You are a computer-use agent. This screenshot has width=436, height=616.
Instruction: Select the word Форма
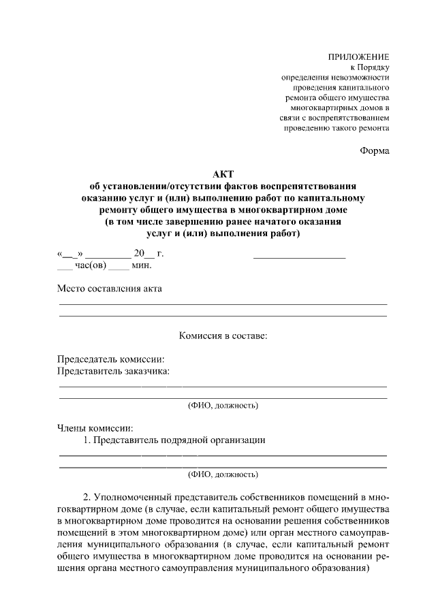[x=375, y=150]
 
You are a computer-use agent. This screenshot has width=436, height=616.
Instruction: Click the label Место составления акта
[x=110, y=289]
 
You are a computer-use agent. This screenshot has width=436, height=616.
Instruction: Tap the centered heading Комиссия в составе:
[x=223, y=336]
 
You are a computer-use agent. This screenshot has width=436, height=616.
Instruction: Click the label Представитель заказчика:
[x=113, y=371]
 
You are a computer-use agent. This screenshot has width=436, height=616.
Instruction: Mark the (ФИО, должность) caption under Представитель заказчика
[x=223, y=406]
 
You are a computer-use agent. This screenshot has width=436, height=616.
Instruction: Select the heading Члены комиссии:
[x=95, y=428]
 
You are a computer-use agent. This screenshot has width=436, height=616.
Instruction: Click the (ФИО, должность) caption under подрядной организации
[x=223, y=474]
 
